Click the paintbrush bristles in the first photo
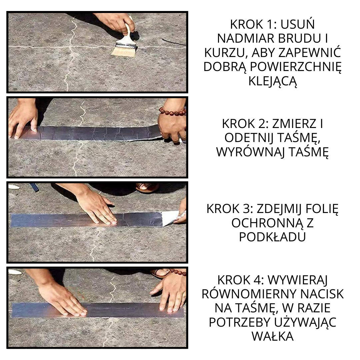point(124,51)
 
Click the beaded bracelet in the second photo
point(172,111)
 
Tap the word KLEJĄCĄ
point(272,81)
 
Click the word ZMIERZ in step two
point(293,124)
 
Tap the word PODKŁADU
point(272,237)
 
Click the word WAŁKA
point(272,336)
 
